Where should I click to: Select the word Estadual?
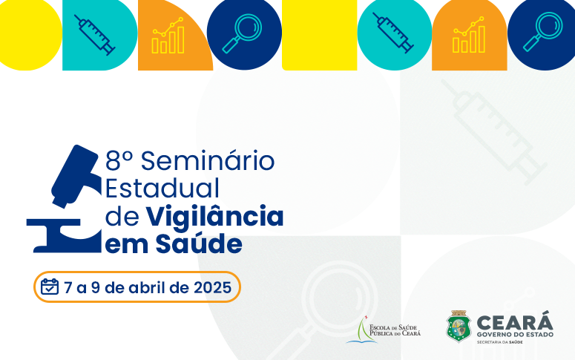(162, 187)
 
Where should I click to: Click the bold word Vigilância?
(214, 216)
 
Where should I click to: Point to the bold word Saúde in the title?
(203, 243)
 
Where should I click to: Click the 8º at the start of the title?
(119, 160)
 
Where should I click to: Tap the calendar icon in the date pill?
(50, 287)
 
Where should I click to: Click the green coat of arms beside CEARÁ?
(459, 327)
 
